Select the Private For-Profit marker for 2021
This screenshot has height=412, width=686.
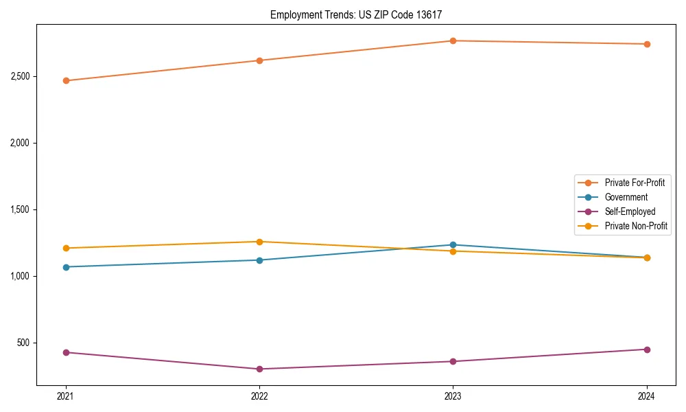coord(66,80)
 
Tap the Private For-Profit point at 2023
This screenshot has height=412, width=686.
coord(453,41)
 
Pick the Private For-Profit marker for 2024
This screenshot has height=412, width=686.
coord(646,44)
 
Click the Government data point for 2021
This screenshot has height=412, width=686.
coord(66,267)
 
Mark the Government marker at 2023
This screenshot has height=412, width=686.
coord(453,244)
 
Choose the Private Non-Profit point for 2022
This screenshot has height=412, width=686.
coord(259,242)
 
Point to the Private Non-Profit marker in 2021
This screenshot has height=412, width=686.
coord(66,248)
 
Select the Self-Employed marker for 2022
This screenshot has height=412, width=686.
coord(259,369)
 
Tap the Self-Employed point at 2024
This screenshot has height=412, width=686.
coord(646,350)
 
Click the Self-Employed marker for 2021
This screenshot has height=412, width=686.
coord(66,352)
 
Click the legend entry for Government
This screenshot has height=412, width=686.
coord(626,197)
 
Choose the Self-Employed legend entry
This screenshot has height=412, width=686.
coord(630,211)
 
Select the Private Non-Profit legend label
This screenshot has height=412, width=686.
coord(636,226)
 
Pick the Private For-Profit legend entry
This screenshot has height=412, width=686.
coord(634,183)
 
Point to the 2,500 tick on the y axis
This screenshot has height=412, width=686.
coord(20,76)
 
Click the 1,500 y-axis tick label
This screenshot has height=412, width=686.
coord(20,209)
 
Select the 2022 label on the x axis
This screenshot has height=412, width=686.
coord(259,396)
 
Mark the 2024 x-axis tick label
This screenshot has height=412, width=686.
coord(646,396)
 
